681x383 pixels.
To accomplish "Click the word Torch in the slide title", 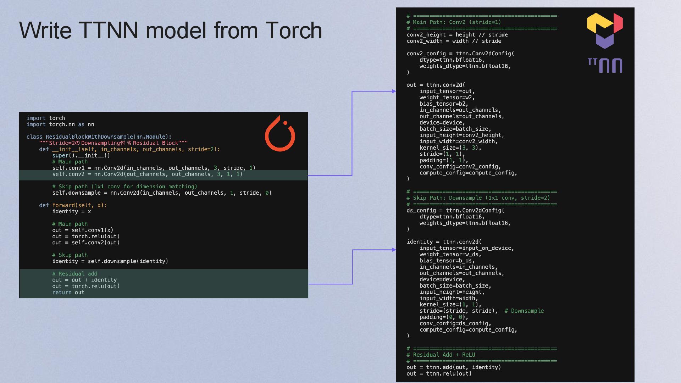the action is tap(293, 30).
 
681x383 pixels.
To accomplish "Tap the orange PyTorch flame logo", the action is tap(280, 134).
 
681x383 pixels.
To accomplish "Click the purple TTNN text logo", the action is tap(605, 66).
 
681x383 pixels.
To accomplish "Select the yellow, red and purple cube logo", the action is tap(605, 30).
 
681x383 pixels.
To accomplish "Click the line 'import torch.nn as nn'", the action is tap(60, 124).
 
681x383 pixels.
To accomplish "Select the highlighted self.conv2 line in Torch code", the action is tap(147, 174).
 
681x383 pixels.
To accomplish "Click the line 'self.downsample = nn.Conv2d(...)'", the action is tap(162, 193).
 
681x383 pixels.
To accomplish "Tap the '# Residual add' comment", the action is tap(74, 274).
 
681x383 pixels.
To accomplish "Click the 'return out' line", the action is tap(68, 293).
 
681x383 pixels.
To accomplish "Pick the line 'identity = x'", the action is tap(71, 211).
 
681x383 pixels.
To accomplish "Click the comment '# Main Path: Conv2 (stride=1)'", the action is tap(454, 22).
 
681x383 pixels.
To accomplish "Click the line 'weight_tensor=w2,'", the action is tap(447, 98).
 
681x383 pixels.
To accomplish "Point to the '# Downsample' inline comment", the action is tap(524, 311).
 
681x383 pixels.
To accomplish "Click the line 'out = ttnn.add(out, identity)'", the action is tap(454, 367).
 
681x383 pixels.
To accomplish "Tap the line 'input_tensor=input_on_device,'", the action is tap(467, 248).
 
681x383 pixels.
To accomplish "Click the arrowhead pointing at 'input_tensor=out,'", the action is tap(394, 91).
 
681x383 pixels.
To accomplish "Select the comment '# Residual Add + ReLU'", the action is tap(441, 355).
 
